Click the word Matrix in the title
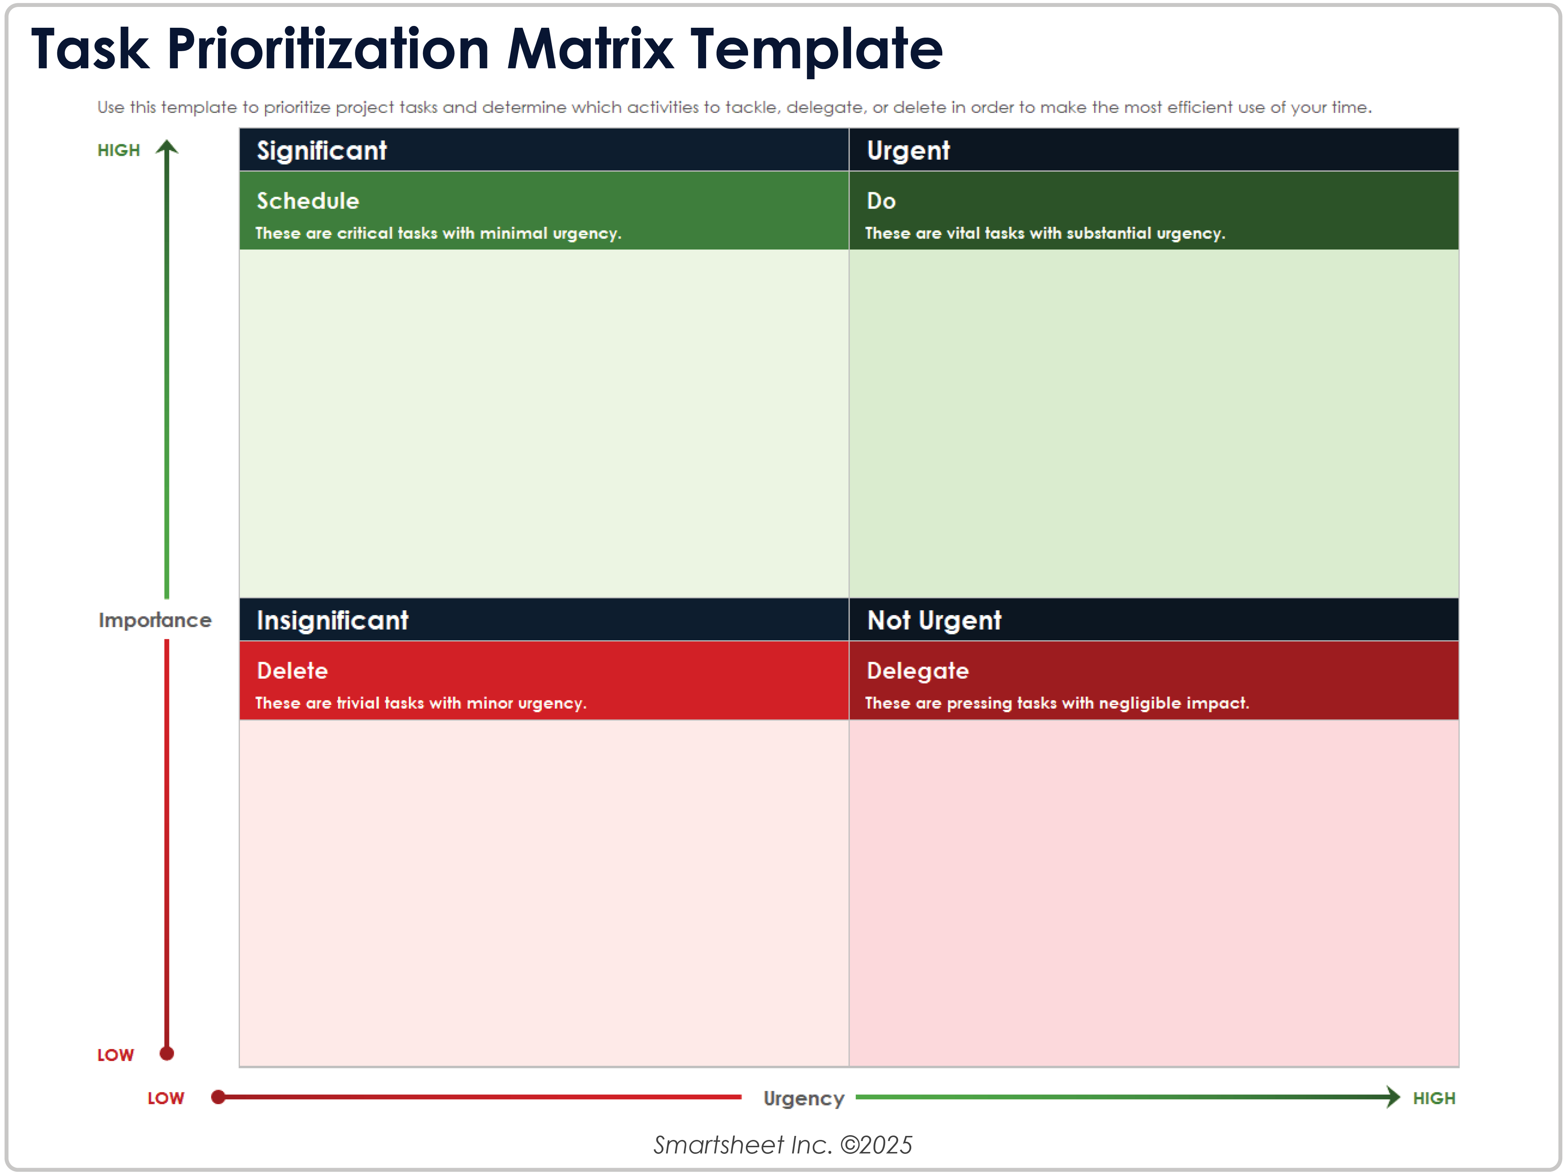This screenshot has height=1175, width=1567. click(x=590, y=50)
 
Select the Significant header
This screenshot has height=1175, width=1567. click(x=322, y=151)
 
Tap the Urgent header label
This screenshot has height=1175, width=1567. click(x=908, y=151)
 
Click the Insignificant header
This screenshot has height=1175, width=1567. click(x=332, y=621)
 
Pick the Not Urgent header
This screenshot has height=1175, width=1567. click(x=934, y=621)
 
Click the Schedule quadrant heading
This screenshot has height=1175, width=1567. click(x=307, y=201)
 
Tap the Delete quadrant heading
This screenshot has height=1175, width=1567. click(x=292, y=671)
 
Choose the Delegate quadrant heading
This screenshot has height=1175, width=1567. click(x=917, y=671)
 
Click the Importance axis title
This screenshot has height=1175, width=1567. click(x=154, y=621)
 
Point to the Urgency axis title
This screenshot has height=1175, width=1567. click(x=803, y=1098)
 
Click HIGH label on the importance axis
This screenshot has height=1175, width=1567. click(x=118, y=150)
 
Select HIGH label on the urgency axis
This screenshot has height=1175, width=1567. click(x=1434, y=1098)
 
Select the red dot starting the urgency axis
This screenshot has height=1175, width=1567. click(x=218, y=1097)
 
